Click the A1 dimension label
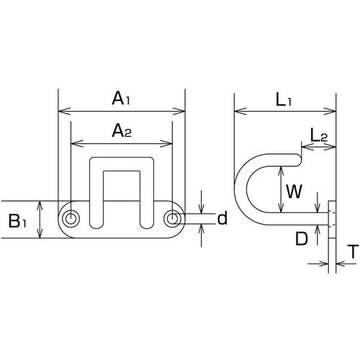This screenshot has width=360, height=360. pos(121,99)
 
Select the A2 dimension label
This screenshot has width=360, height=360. pos(122,131)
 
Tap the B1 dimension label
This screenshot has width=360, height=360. pos(18,221)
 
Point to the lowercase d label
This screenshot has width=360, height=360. pos(222,218)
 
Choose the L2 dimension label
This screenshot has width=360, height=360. pos(319,135)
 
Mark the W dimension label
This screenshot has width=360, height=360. pos(294,192)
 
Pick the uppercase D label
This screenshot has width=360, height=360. pos(301,238)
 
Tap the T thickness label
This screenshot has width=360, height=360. pos(353,251)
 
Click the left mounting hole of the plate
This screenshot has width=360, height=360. pos(71,218)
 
